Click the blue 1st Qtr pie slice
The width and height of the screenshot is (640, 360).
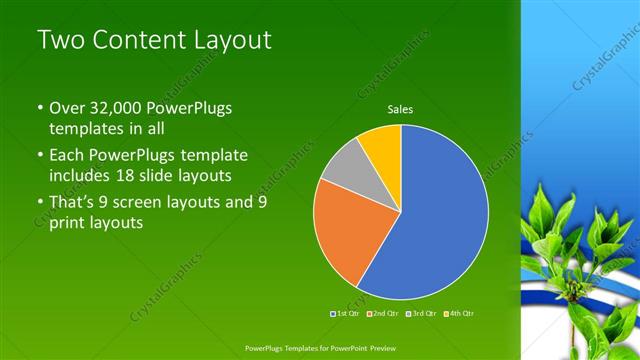pos(440,215)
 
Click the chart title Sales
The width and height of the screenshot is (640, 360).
pos(401,110)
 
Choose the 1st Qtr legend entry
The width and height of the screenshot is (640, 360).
pos(346,313)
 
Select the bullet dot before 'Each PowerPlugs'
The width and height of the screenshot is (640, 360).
pos(40,157)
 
